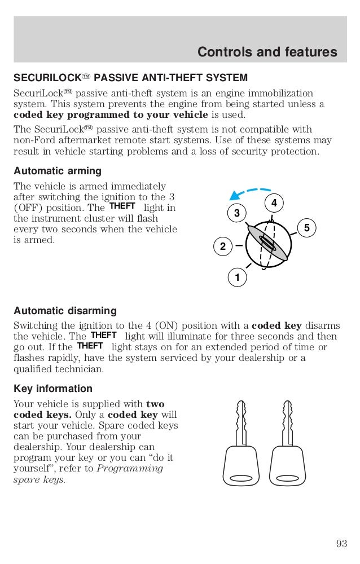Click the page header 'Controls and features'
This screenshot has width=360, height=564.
tap(267, 52)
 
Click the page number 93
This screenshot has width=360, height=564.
tap(341, 544)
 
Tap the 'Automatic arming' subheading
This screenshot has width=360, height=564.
tap(58, 170)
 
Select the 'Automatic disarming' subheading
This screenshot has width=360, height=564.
tap(65, 311)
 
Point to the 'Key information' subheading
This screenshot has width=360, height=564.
tap(53, 389)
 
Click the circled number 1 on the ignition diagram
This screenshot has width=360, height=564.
tap(238, 277)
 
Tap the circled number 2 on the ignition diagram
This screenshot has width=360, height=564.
tap(222, 246)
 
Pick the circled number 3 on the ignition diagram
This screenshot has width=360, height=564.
tap(237, 213)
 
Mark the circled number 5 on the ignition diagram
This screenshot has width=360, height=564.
tap(306, 228)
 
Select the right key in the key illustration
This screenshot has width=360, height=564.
tap(289, 445)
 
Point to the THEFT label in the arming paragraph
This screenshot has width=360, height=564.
tap(122, 206)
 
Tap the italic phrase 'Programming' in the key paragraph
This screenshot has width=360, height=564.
tap(130, 469)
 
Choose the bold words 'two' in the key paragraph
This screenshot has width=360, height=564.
tap(155, 404)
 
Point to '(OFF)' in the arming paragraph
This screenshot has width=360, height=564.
tap(28, 208)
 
